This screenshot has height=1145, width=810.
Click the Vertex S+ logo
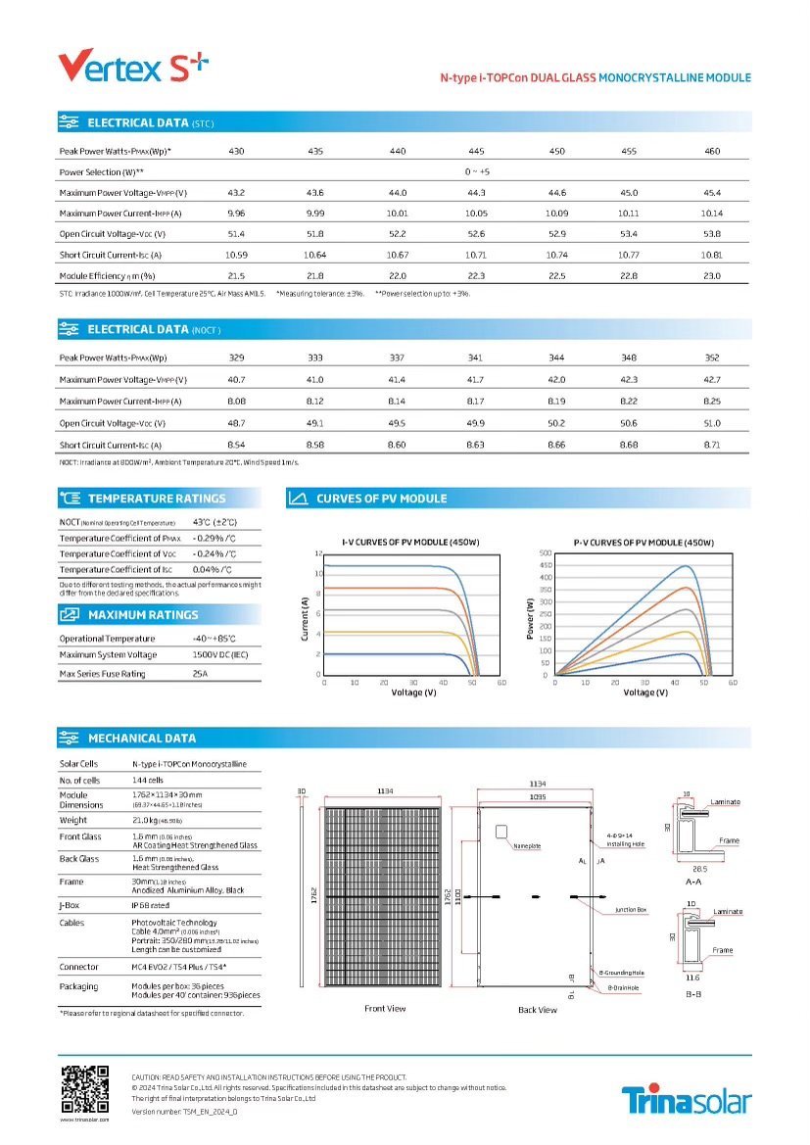133,66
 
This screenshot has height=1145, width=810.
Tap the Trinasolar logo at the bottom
687,1100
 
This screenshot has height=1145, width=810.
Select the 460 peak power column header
712,151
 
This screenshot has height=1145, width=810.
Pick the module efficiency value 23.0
712,276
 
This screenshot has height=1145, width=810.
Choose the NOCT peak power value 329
236,358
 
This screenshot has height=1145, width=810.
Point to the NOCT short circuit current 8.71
712,445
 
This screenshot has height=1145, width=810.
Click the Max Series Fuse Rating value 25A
202,674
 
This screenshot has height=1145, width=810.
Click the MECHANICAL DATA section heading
142,738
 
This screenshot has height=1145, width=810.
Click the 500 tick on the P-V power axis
546,554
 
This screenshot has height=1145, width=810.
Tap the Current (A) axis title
305,618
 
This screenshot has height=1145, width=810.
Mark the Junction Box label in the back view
631,910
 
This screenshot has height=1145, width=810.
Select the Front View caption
385,1008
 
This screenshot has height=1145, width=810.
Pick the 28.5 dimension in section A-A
698,868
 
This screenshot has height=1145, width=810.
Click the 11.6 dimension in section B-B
691,978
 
